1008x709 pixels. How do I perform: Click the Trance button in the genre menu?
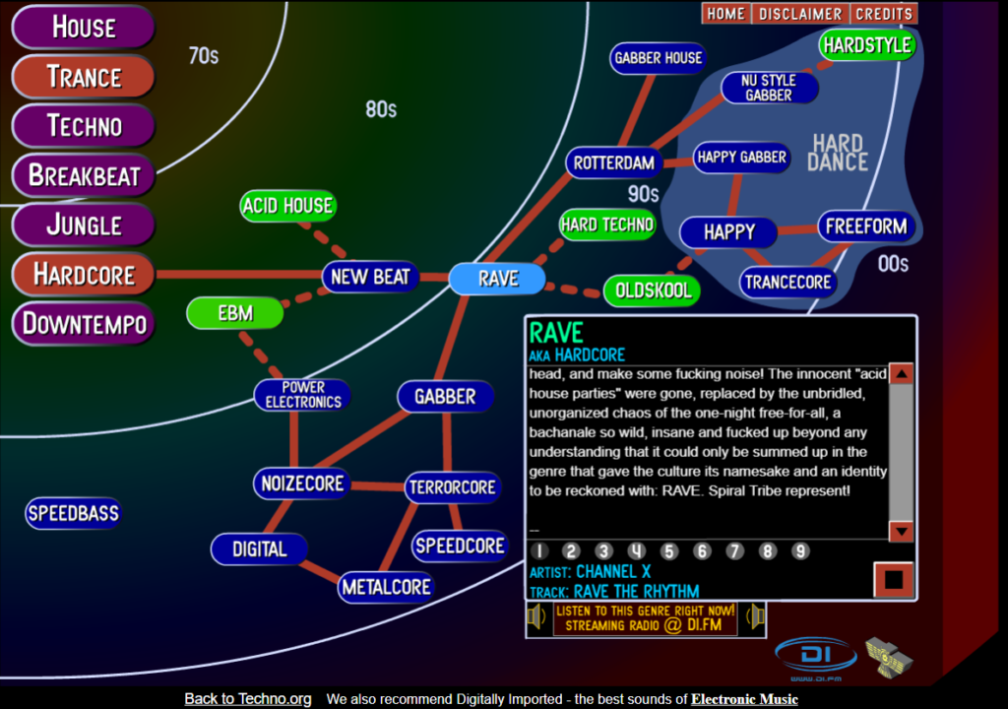tap(84, 77)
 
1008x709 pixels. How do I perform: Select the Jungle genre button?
tap(84, 225)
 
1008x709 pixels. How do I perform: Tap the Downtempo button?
tap(84, 323)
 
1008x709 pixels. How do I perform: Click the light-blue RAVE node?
tap(497, 279)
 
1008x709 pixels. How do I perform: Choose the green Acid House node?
tap(287, 206)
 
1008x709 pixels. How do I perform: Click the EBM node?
tap(235, 313)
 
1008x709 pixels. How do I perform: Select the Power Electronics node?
tap(303, 395)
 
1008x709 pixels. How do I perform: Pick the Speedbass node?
tap(73, 513)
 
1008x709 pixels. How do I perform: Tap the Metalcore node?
tap(386, 587)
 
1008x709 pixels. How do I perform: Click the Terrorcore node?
tap(453, 486)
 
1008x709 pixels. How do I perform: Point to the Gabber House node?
tap(658, 58)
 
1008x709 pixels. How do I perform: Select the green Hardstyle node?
tap(867, 45)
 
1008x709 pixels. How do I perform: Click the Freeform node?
tap(866, 226)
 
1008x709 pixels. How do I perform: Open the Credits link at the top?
tap(883, 14)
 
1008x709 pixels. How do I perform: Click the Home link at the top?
tap(725, 14)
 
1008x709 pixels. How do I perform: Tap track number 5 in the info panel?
tap(669, 551)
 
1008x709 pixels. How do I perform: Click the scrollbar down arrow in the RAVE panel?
tap(901, 531)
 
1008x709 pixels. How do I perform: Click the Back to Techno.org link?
tap(248, 699)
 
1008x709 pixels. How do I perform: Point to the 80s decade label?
tap(381, 109)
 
